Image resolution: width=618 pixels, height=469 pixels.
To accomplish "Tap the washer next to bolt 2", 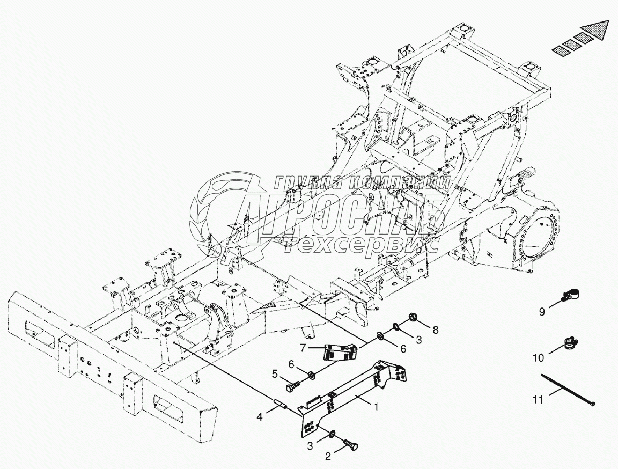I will (x=333, y=433).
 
